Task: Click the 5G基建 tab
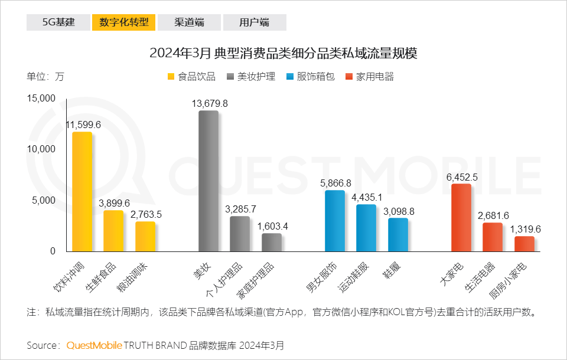[x=58, y=22]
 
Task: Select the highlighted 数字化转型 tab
[x=123, y=22]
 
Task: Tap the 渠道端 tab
[x=189, y=22]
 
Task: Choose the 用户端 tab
[x=254, y=22]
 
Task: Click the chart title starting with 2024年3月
[x=283, y=53]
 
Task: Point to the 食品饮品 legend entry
[x=193, y=77]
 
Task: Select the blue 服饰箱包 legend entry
[x=311, y=77]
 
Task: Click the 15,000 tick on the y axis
[x=41, y=98]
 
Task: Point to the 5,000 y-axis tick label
[x=44, y=200]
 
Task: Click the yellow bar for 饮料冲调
[x=82, y=192]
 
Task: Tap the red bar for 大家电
[x=461, y=218]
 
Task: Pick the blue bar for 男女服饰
[x=334, y=221]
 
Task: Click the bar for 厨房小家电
[x=524, y=244]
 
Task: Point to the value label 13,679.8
[x=210, y=103]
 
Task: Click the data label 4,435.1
[x=366, y=197]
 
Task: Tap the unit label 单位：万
[x=45, y=77]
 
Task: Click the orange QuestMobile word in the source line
[x=94, y=345]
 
